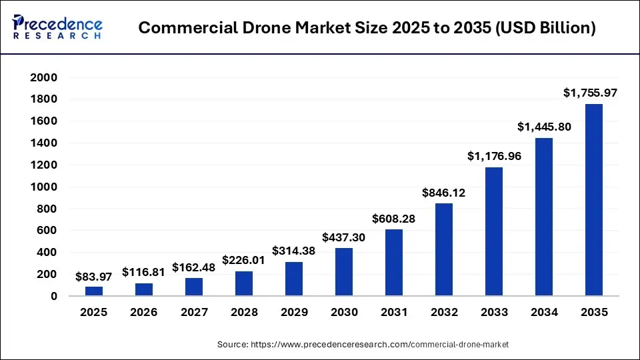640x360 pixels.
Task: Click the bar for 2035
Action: (593, 200)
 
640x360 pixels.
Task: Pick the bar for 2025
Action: (93, 291)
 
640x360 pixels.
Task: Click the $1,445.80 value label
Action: (544, 126)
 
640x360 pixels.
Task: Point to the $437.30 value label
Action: (343, 237)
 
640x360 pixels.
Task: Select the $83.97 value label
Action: (93, 275)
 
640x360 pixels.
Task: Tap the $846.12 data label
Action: (443, 193)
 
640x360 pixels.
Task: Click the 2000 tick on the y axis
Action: (43, 77)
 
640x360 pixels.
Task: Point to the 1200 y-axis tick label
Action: (43, 165)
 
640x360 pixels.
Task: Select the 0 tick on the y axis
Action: (53, 296)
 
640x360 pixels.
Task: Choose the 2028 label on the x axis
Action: (243, 312)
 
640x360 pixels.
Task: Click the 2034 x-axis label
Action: (543, 312)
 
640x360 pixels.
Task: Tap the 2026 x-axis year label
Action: (143, 312)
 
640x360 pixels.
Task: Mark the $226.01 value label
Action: (243, 259)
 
